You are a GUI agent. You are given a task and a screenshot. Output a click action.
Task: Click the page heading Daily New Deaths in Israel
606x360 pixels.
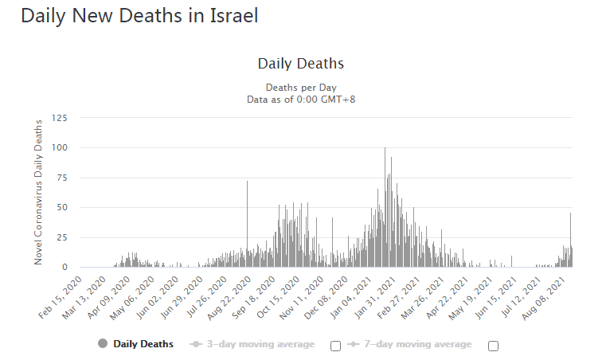point(139,16)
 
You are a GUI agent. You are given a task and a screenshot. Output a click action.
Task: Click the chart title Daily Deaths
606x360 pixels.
point(301,64)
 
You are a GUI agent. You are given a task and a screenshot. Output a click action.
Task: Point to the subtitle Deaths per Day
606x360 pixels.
point(301,88)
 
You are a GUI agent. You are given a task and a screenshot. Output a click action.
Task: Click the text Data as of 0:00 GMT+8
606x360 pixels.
point(301,100)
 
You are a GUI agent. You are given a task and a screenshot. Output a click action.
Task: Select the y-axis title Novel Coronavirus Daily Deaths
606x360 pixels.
point(38,192)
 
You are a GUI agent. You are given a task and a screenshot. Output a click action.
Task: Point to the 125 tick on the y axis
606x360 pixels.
point(60,118)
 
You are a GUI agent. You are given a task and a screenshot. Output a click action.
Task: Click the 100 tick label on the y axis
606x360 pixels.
point(60,147)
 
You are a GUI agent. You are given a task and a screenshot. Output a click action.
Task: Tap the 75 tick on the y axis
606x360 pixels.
point(62,178)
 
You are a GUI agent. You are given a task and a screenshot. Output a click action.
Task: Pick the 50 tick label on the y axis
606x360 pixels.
point(62,207)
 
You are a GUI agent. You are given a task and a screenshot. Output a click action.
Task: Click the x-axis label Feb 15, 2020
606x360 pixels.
point(61,297)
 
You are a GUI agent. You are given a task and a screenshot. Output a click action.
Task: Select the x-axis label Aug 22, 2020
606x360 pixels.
point(229,298)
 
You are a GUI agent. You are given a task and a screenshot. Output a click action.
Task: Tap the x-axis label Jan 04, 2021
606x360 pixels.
point(351,298)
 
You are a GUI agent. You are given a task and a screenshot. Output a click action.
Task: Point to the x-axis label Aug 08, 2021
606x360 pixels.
point(543,298)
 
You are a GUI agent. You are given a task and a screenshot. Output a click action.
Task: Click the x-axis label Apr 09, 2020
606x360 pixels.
point(109,297)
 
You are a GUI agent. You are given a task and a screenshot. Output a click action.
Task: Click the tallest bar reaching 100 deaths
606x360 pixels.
point(385,207)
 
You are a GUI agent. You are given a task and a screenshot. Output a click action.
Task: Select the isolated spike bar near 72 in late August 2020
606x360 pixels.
point(248,224)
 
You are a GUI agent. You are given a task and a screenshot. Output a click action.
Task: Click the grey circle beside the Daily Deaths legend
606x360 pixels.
point(103,343)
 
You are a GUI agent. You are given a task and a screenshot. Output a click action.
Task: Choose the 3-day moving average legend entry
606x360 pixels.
point(252,344)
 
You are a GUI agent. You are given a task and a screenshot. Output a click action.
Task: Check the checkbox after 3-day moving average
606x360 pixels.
point(335,346)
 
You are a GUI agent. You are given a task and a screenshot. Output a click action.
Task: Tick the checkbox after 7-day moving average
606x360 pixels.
point(493,346)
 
